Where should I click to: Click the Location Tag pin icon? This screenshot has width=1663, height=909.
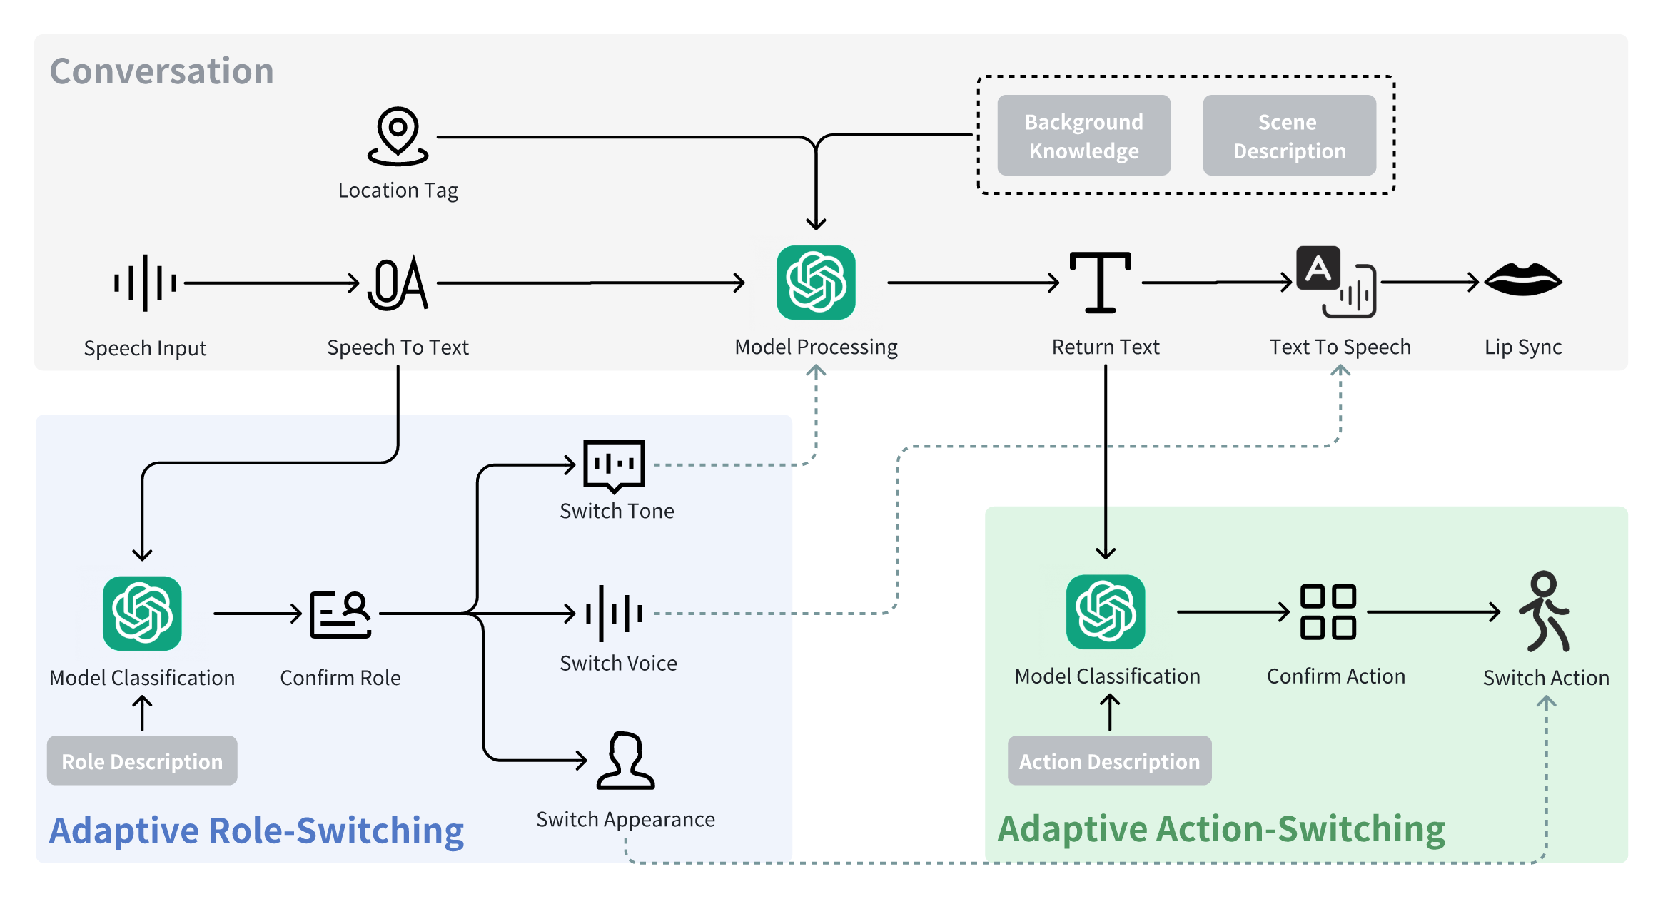[398, 136]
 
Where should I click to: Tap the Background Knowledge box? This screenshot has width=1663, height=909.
[1083, 136]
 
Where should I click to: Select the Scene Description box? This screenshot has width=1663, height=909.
[1289, 136]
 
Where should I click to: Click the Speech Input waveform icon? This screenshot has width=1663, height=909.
[145, 283]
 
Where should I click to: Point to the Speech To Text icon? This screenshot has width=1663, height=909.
[398, 283]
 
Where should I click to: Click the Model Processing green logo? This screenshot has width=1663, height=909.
[816, 283]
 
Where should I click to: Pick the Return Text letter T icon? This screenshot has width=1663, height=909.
[1100, 283]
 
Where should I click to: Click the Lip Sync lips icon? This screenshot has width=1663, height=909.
[1523, 280]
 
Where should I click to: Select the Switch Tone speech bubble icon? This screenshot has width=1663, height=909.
[614, 465]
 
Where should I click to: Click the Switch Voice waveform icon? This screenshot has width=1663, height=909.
[614, 613]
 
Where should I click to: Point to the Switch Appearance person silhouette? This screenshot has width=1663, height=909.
[625, 761]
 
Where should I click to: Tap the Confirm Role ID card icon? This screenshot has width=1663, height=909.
[340, 614]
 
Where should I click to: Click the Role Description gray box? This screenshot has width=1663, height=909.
[142, 761]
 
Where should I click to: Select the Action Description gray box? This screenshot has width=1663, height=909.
[1109, 761]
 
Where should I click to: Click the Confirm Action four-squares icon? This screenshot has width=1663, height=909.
[1328, 612]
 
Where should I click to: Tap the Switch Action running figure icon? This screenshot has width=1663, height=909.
[1545, 612]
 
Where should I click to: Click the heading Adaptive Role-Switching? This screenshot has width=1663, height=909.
[256, 831]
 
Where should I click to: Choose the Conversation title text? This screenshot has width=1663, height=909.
[162, 71]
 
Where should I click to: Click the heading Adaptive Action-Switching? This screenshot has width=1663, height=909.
[1221, 829]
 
